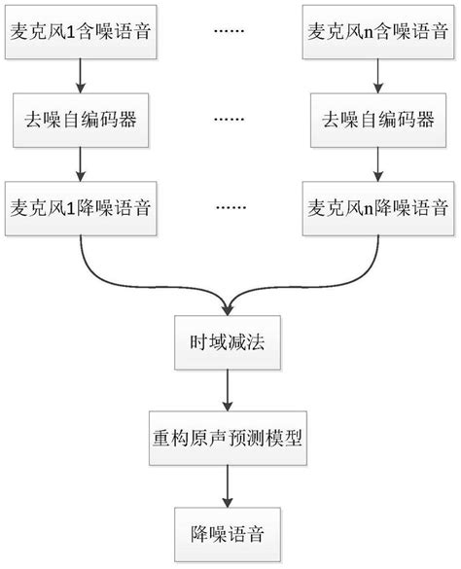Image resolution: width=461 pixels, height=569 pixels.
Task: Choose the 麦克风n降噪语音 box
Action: coord(376,207)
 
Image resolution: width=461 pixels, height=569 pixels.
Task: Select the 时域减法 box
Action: coord(230,343)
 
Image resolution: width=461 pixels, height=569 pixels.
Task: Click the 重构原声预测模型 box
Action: coord(230,440)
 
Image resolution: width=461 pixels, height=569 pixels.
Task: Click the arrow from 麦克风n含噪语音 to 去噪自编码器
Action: coord(376,74)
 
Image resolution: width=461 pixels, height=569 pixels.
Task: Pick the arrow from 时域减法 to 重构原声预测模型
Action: coord(230,391)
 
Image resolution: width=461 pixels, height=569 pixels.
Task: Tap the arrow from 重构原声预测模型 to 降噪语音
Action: coord(230,486)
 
